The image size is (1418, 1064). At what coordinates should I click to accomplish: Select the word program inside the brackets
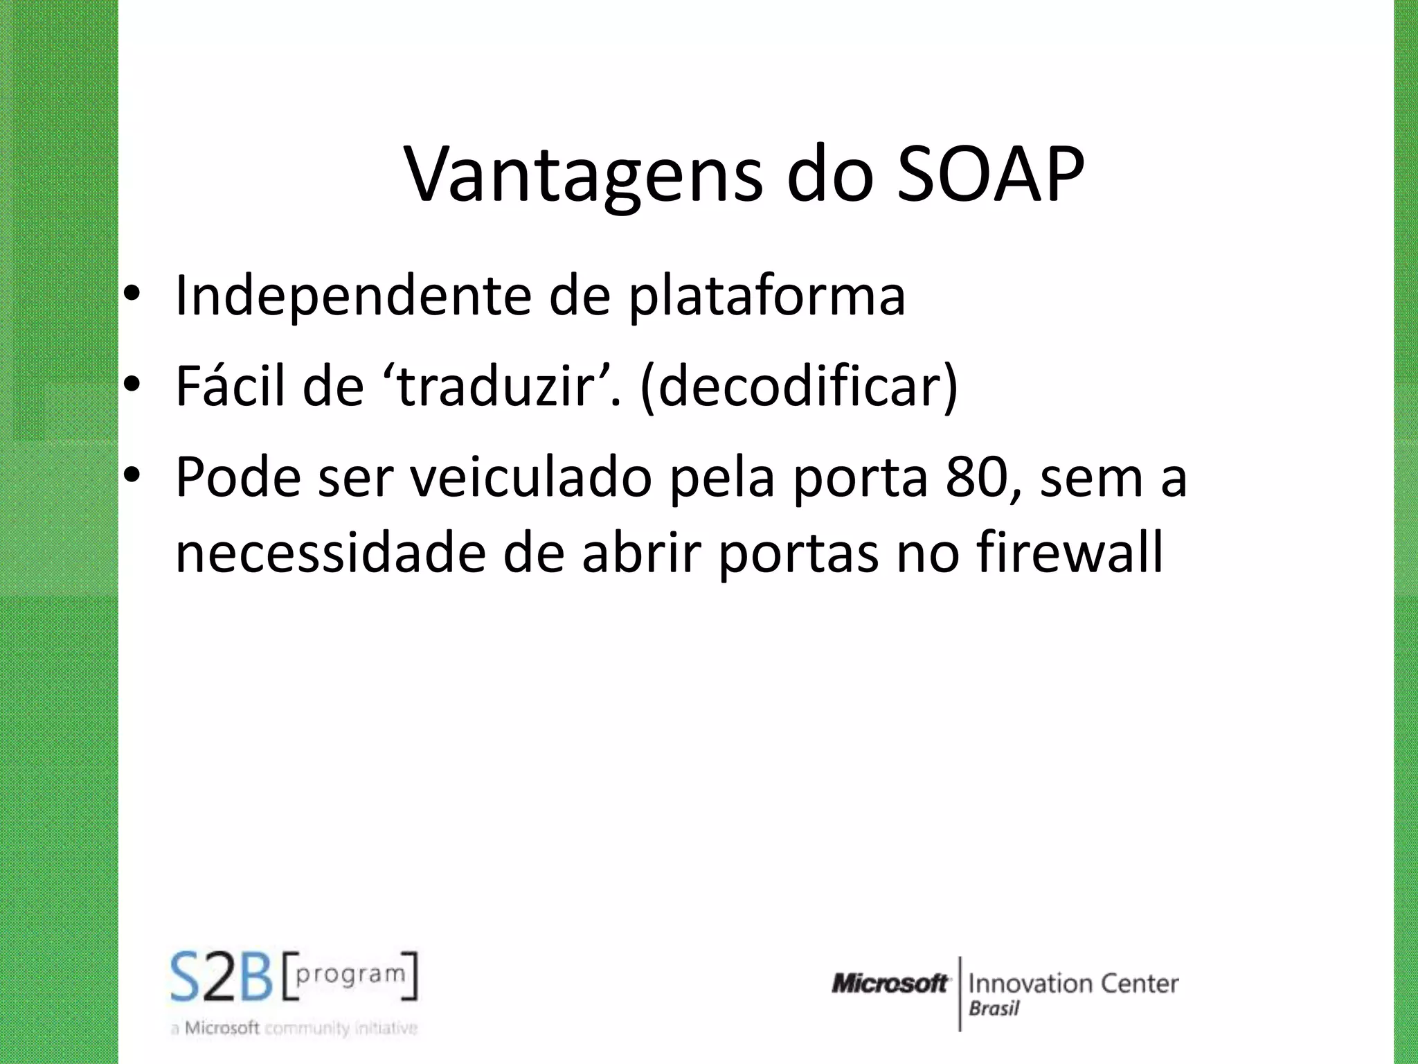click(350, 975)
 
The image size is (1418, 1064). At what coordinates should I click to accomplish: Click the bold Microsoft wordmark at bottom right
click(890, 983)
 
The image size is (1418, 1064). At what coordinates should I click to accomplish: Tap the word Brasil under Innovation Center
click(994, 1009)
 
